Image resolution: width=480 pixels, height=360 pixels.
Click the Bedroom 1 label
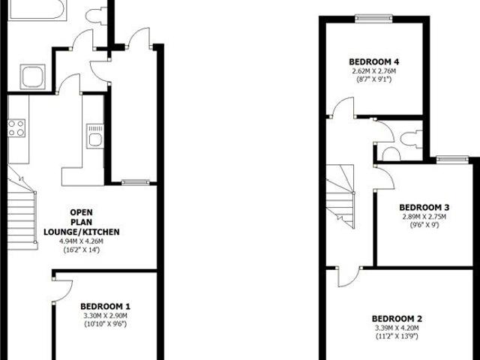(x=106, y=306)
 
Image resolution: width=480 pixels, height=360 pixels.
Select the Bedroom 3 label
(x=424, y=207)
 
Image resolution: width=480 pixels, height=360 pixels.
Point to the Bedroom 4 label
(x=373, y=61)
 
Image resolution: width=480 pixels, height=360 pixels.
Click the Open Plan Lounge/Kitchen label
(x=91, y=222)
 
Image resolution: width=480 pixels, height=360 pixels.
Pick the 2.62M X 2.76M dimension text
(x=373, y=71)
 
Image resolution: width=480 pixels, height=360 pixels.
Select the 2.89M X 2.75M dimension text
(x=424, y=217)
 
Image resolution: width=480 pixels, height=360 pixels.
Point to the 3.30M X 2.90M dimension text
(x=106, y=316)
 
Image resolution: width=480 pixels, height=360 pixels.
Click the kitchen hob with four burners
(x=17, y=128)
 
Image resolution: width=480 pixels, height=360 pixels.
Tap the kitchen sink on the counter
(x=94, y=137)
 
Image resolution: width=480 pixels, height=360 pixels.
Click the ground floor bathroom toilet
(x=96, y=15)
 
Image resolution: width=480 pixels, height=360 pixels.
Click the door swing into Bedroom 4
(x=343, y=108)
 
